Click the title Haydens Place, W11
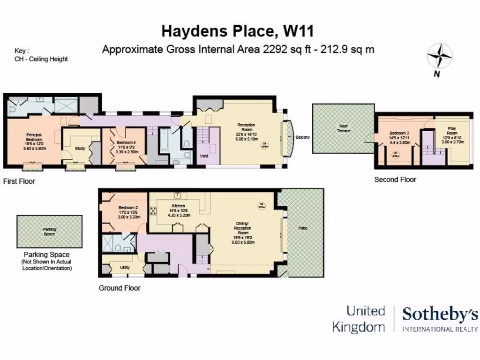[x=237, y=31]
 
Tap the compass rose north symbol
[x=439, y=56]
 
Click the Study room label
[x=80, y=149]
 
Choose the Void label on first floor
[x=204, y=156]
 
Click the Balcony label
[x=302, y=137]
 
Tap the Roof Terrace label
[x=344, y=128]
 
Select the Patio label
[x=303, y=228]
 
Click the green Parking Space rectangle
[x=49, y=232]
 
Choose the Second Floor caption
[x=395, y=180]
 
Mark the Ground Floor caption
[x=119, y=288]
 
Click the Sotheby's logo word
[x=440, y=315]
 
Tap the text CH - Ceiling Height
[x=41, y=59]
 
